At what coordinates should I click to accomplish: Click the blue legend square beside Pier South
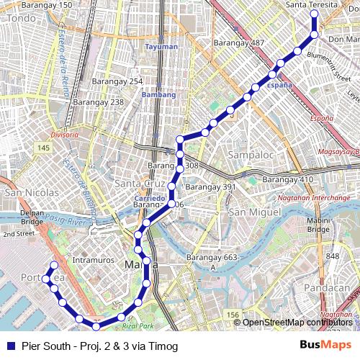(10, 346)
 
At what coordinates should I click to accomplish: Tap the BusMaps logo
(325, 345)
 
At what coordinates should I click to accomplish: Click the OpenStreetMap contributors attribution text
(298, 322)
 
